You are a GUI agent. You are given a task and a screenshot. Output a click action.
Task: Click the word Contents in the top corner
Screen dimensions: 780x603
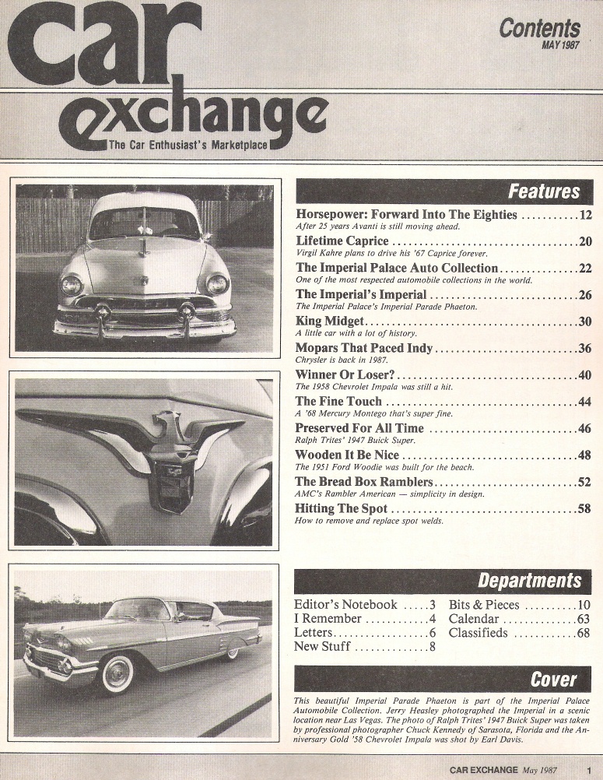[x=539, y=29]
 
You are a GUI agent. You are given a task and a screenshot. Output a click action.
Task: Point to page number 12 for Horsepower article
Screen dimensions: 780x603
[x=586, y=215]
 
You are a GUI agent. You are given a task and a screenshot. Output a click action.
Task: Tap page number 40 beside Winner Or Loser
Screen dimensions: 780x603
[x=586, y=374]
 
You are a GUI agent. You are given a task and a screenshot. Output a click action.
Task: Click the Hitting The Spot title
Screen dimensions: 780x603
[x=342, y=509]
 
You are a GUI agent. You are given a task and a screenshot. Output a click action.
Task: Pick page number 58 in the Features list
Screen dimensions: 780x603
[x=586, y=509]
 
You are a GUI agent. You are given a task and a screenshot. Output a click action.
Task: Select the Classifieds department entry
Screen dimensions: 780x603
[x=478, y=633]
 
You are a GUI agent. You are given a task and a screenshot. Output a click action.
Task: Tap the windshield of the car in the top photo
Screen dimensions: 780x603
[x=144, y=223]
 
